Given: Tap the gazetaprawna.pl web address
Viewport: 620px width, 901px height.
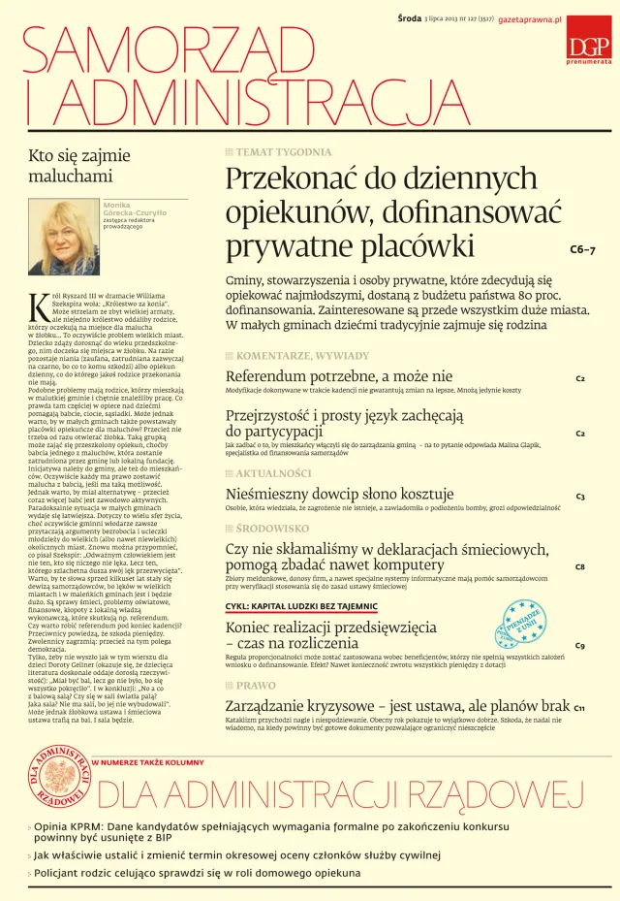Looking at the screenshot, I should tap(530, 19).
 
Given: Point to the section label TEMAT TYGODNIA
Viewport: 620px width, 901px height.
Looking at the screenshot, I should tap(284, 152).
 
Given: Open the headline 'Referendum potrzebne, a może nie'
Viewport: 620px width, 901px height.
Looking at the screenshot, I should tap(339, 376).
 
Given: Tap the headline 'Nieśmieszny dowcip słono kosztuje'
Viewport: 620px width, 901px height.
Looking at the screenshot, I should tap(340, 494).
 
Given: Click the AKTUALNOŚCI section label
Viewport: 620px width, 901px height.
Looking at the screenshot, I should tap(274, 473).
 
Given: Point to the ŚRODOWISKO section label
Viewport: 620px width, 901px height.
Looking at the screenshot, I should tap(273, 529).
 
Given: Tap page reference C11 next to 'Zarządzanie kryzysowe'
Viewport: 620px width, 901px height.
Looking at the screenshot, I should tap(579, 708).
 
